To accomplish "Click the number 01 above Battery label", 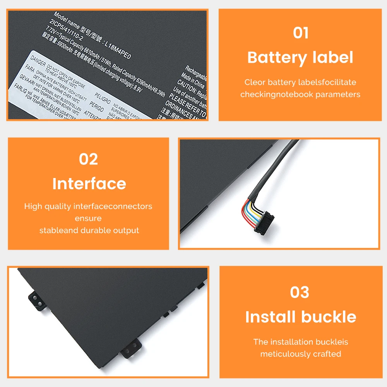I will (300, 33).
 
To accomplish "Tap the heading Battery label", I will (300, 58).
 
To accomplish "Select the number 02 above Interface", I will (88, 159).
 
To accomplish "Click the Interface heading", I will (89, 184).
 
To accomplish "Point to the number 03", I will (300, 293).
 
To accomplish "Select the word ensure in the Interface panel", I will (88, 218).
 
